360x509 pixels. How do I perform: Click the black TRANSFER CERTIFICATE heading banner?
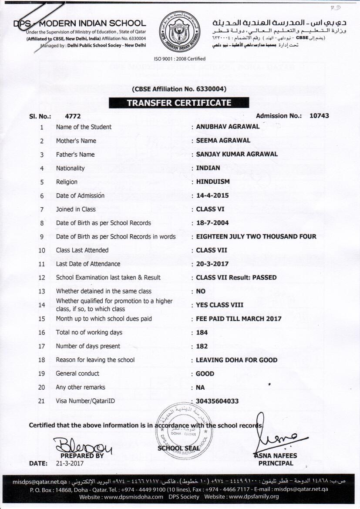178,103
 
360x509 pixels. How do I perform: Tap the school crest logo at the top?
179,31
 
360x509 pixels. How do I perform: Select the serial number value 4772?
73,116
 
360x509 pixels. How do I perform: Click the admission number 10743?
319,116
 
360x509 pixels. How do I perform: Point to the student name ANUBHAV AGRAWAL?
228,127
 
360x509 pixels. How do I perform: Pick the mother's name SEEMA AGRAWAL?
223,140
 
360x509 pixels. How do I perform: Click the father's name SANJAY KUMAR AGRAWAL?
237,154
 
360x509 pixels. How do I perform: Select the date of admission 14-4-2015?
212,196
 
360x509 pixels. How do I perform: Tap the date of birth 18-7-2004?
212,222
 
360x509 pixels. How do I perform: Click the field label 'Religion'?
67,182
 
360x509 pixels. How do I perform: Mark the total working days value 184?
202,332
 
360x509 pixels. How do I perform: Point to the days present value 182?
202,346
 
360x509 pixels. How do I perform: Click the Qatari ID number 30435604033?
217,401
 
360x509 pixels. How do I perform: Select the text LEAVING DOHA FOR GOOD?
236,360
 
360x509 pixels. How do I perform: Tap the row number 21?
42,401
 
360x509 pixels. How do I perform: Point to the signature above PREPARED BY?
82,445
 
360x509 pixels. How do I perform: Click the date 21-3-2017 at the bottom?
70,463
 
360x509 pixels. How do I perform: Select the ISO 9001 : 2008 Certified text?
179,59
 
